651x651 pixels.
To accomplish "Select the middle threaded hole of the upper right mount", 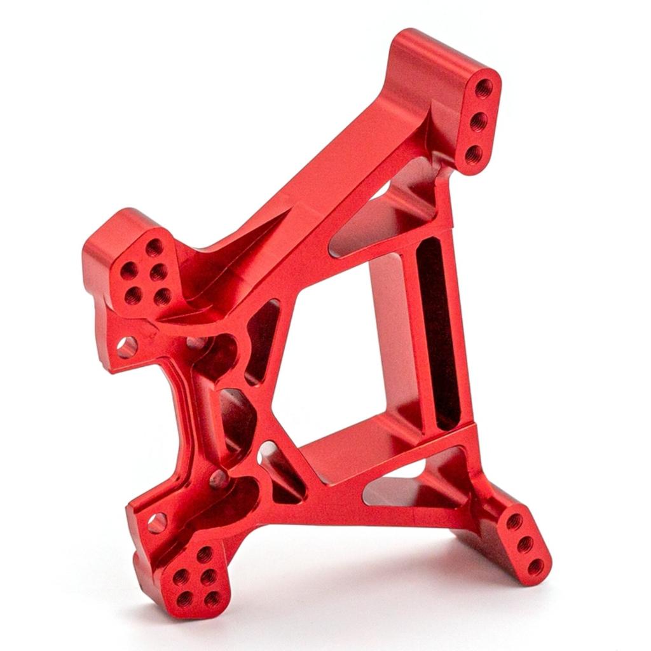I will pyautogui.click(x=479, y=120).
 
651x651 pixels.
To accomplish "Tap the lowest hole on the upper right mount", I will pyautogui.click(x=474, y=153).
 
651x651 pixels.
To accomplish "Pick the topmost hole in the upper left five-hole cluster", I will pyautogui.click(x=154, y=247).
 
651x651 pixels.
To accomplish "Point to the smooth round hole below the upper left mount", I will pyautogui.click(x=127, y=347).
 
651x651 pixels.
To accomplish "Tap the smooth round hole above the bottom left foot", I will pyautogui.click(x=157, y=523).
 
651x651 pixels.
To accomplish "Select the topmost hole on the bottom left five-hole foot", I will pyautogui.click(x=204, y=554).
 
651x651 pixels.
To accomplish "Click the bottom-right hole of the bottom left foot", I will pyautogui.click(x=214, y=598).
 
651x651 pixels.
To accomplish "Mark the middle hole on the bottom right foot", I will pyautogui.click(x=525, y=544).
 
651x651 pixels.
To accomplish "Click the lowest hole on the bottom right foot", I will pyautogui.click(x=536, y=566).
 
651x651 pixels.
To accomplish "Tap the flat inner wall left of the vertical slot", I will pyautogui.click(x=388, y=337).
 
